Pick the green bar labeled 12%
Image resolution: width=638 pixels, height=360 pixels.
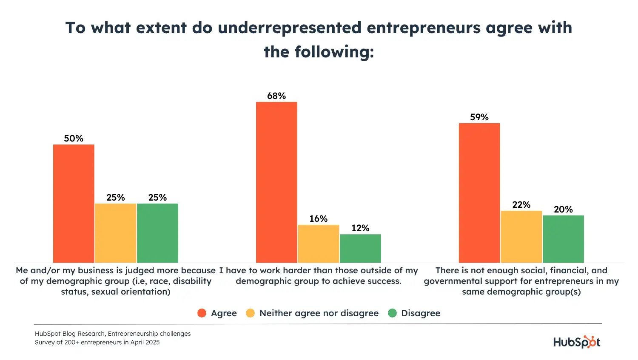360,248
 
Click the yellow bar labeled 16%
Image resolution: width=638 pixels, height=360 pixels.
319,244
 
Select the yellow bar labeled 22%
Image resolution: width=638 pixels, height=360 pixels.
521,236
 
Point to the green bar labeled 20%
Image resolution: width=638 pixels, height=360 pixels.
563,239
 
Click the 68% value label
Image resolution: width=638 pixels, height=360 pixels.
276,96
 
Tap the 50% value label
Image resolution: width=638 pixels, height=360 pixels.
74,139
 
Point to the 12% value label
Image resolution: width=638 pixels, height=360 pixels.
360,228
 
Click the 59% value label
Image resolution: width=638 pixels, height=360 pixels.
479,117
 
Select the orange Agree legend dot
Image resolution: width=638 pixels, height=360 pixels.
202,313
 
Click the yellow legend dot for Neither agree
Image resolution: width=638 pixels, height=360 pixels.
251,313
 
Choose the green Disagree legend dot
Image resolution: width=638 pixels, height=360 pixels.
392,313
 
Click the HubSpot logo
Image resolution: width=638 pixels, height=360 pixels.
577,342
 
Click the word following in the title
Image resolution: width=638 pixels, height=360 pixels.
334,52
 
